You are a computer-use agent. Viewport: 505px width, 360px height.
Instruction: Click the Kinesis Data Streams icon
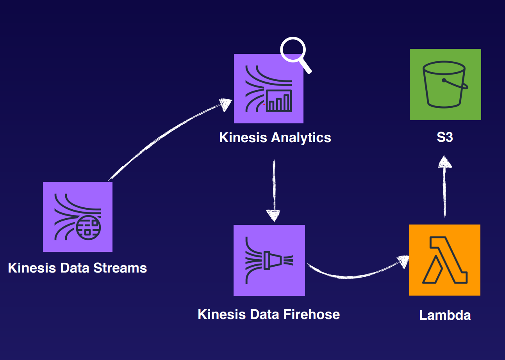(x=77, y=217)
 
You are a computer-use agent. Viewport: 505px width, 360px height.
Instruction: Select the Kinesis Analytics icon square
(x=268, y=89)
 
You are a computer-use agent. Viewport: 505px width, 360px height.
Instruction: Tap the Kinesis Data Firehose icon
(x=269, y=260)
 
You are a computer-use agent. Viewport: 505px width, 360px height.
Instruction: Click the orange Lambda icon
(x=444, y=260)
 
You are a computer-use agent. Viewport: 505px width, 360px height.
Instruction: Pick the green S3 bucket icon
(x=445, y=84)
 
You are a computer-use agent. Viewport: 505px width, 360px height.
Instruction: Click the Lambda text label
(x=445, y=315)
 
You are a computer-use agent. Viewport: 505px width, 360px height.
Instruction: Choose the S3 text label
(x=445, y=137)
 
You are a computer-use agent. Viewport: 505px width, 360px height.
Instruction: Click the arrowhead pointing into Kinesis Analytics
(x=225, y=104)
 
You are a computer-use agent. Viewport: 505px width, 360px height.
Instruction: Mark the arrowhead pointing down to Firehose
(x=273, y=215)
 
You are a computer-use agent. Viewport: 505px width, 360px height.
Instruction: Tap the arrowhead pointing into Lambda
(x=403, y=261)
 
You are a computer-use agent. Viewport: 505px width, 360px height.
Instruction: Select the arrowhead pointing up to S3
(x=444, y=162)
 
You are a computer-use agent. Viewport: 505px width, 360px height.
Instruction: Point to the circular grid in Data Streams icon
(x=88, y=228)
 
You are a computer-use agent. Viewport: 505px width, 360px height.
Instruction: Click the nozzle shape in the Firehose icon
(x=270, y=260)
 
